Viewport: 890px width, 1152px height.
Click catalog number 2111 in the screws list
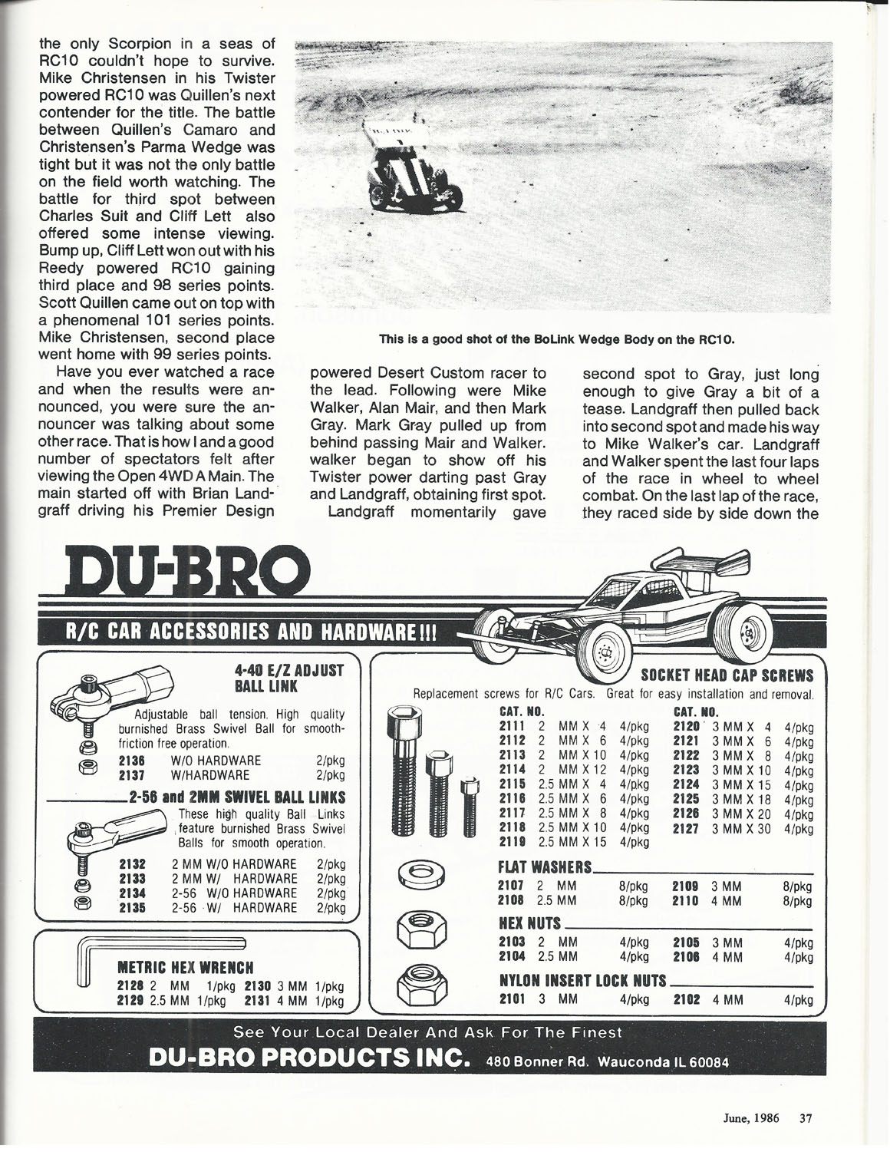point(512,726)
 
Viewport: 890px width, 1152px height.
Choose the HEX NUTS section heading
point(530,923)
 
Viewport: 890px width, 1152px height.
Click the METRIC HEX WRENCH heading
point(185,966)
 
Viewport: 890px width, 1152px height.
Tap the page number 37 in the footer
point(805,1118)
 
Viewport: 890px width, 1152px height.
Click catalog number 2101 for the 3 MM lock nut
point(512,999)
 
